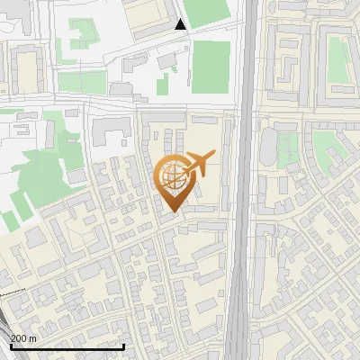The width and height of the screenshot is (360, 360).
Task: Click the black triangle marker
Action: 181,24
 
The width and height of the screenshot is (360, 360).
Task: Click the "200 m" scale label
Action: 24,337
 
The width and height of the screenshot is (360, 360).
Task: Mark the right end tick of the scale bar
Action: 123,345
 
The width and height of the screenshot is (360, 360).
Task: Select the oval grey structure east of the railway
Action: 269,146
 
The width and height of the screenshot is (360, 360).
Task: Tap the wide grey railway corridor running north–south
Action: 239,225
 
